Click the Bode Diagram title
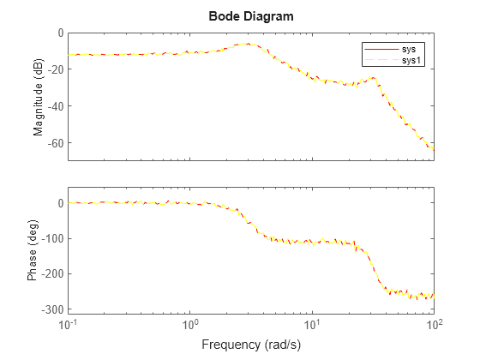tap(251, 16)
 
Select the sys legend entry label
tap(409, 49)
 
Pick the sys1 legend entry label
tap(411, 60)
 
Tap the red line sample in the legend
tap(381, 50)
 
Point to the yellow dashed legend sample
tap(381, 60)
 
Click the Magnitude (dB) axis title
tap(39, 97)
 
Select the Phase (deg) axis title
tap(33, 250)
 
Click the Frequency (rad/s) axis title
tap(251, 345)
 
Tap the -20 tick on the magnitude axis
tap(55, 69)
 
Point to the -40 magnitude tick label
tap(55, 106)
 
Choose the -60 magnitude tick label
tap(55, 143)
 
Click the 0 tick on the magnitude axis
tap(61, 33)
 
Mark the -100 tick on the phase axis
tap(52, 238)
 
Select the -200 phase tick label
tap(52, 274)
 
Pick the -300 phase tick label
tap(52, 309)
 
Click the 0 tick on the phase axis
tap(61, 203)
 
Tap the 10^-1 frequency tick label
tap(68, 324)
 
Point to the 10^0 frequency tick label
tap(189, 324)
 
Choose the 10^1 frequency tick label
tap(312, 324)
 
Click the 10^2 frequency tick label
tap(434, 324)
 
